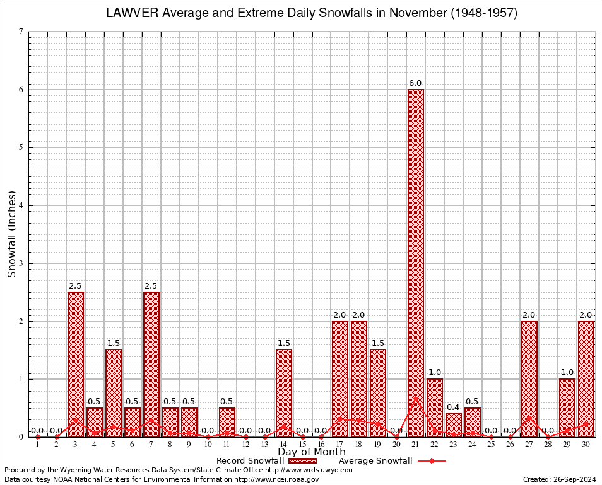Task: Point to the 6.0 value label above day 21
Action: [x=415, y=83]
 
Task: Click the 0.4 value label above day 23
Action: [x=453, y=407]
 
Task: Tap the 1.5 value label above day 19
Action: [x=377, y=344]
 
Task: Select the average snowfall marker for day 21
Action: [x=416, y=398]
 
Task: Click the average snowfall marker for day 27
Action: [x=529, y=417]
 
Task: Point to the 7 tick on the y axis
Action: [x=21, y=32]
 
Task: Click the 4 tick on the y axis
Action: [x=21, y=205]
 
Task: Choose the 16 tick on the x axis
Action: [x=321, y=445]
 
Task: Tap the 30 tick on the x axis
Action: [x=586, y=445]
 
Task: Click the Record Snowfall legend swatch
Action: [x=302, y=461]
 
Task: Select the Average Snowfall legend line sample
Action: [x=432, y=461]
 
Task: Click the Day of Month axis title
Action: [x=311, y=452]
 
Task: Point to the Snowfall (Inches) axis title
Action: [x=11, y=234]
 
